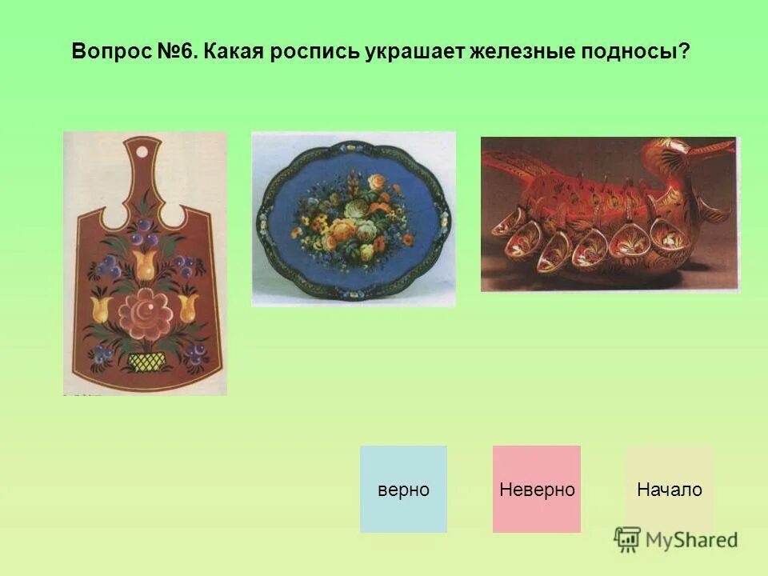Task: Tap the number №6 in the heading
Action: pyautogui.click(x=174, y=51)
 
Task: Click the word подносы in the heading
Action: pyautogui.click(x=629, y=51)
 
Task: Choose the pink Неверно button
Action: pyautogui.click(x=537, y=490)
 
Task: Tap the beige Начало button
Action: pyautogui.click(x=669, y=490)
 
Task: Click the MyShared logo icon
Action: pyautogui.click(x=628, y=539)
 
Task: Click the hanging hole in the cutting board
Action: pyautogui.click(x=142, y=151)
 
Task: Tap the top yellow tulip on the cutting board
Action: pyautogui.click(x=145, y=263)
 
